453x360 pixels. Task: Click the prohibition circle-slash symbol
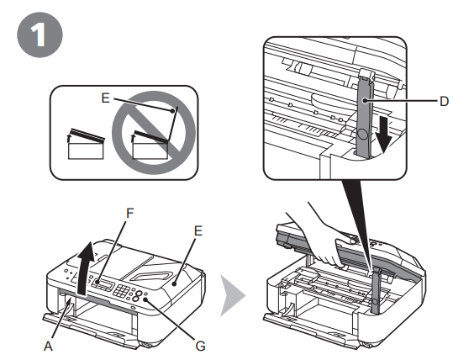point(154,135)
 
